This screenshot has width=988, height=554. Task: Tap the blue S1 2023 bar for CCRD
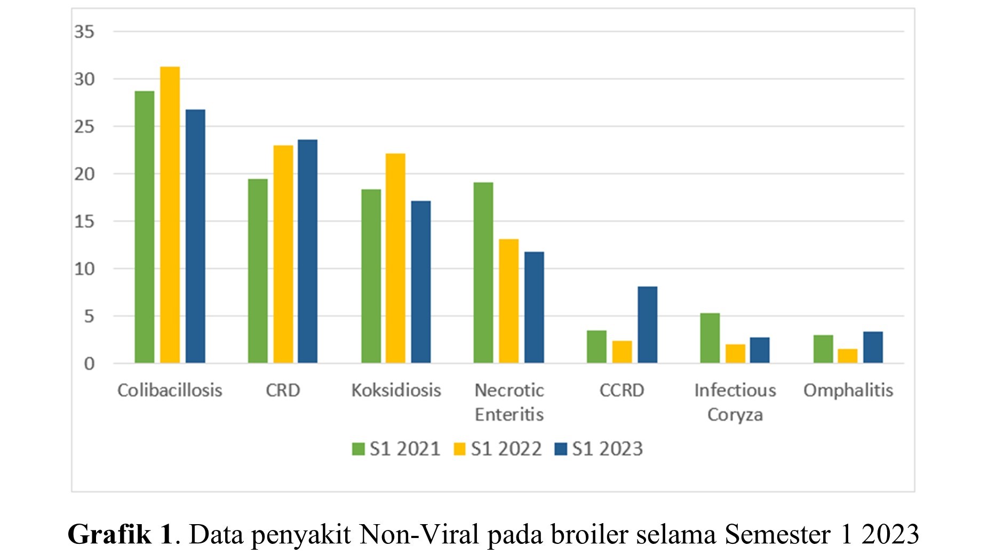point(647,325)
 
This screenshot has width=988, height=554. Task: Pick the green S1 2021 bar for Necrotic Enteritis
point(483,272)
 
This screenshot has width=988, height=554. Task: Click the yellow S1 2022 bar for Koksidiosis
point(395,258)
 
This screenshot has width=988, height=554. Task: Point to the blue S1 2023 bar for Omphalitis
point(873,347)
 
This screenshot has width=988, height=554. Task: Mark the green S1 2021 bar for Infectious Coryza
point(710,338)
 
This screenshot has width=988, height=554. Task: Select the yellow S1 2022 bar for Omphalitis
point(847,356)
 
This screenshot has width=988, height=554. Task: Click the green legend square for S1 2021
point(358,449)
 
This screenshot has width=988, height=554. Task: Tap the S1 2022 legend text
point(506,449)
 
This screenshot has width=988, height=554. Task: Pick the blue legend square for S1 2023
point(561,449)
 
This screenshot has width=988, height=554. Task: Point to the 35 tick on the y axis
point(84,32)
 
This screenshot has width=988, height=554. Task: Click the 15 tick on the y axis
point(84,221)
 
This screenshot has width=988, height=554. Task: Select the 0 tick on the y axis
point(89,364)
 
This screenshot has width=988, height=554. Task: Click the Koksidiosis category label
point(396,390)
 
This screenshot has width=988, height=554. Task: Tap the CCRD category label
point(622,390)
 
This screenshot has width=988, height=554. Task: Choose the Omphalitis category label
point(848,390)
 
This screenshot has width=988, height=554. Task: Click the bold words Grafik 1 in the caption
point(120,534)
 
